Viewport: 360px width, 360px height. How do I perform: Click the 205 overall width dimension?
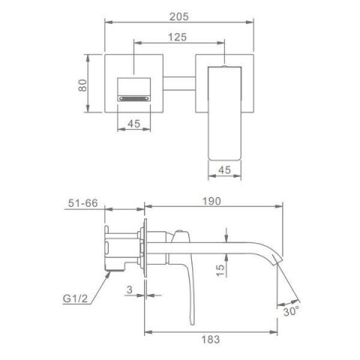(179, 16)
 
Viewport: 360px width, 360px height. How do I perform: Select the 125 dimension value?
(177, 37)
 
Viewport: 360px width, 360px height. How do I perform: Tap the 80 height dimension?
(82, 85)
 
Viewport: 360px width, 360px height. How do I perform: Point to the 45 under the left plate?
(134, 124)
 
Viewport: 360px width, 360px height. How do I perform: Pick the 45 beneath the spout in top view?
(224, 170)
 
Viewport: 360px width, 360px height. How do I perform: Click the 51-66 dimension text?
(83, 203)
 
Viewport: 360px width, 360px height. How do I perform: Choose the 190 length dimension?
(211, 201)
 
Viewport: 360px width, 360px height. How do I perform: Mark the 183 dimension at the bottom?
(211, 339)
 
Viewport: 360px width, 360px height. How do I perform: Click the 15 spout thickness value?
(220, 270)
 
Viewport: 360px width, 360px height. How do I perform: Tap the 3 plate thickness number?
(130, 289)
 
